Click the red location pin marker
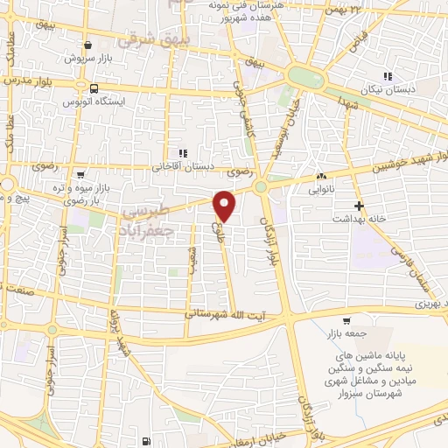[x=225, y=206]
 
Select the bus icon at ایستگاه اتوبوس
[x=94, y=87]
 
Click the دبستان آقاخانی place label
[x=181, y=164]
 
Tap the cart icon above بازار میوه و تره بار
[x=80, y=173]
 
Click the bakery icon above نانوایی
[x=321, y=175]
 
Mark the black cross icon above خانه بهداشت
[x=359, y=204]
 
